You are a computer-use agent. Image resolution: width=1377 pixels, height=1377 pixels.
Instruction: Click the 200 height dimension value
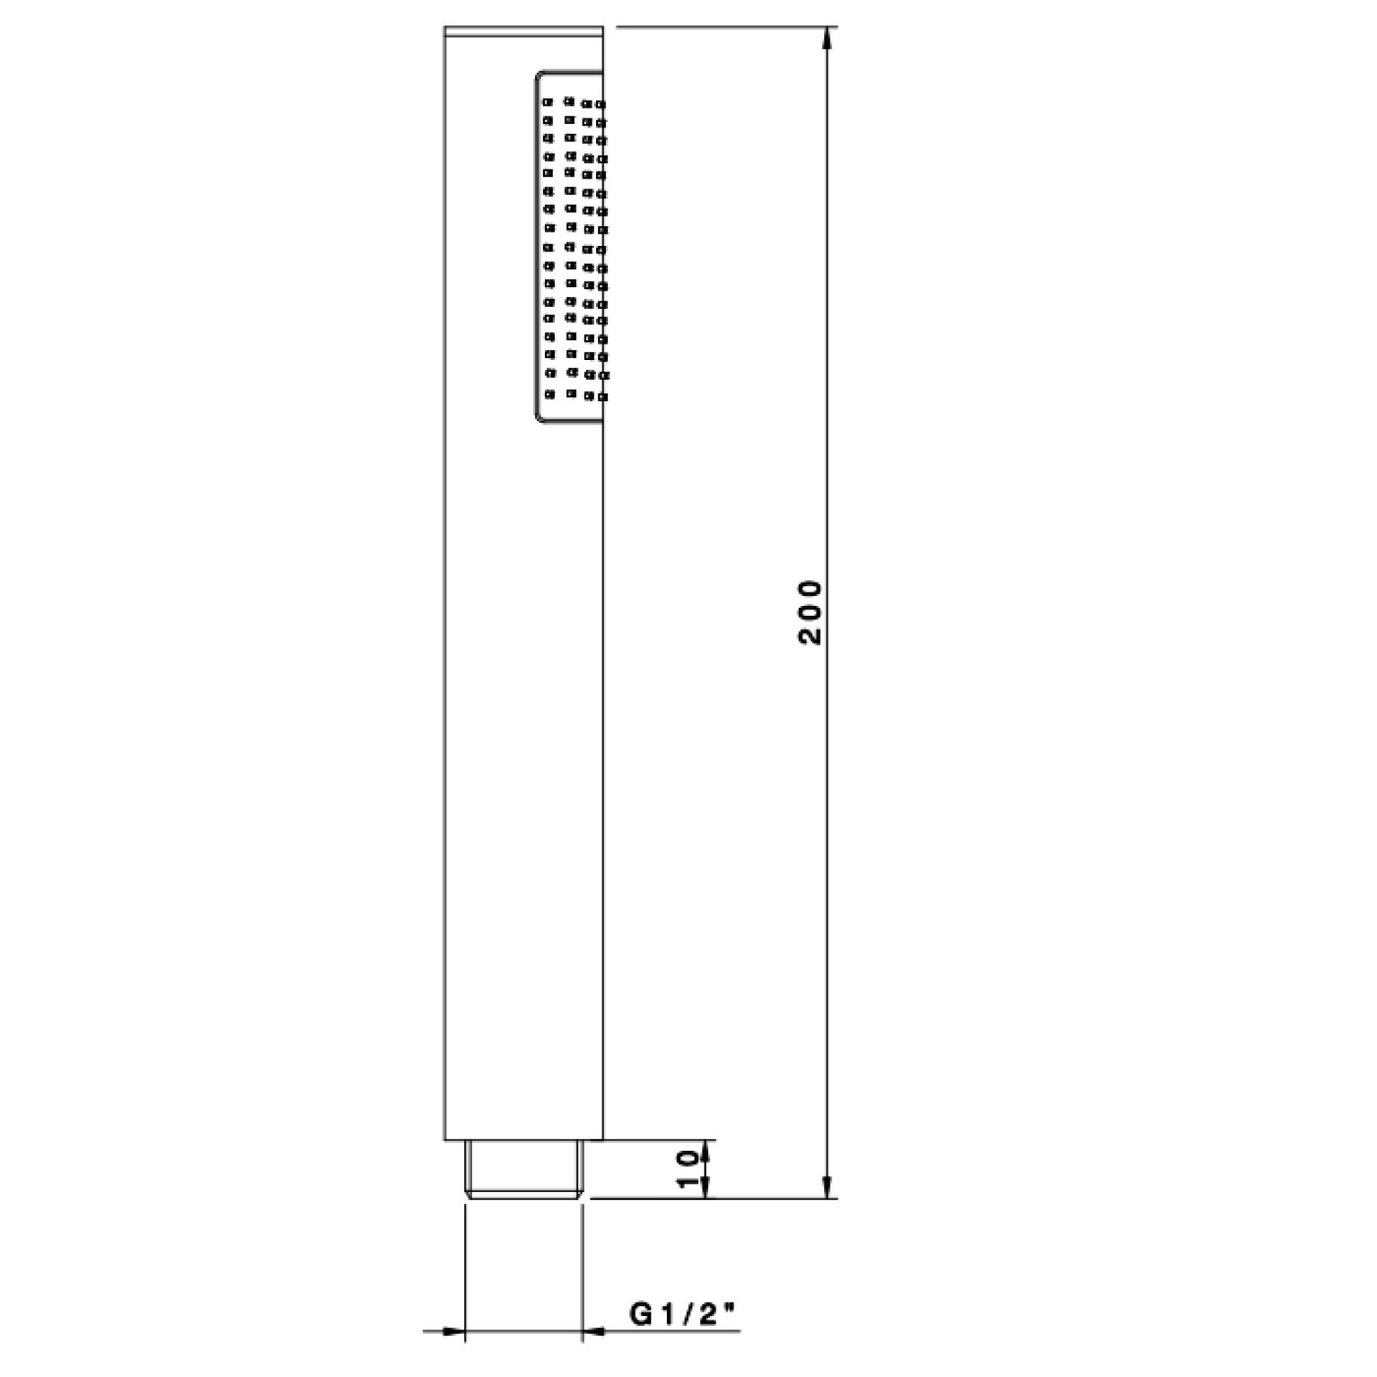[x=810, y=612]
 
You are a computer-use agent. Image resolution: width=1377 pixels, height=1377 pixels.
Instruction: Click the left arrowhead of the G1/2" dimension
[x=449, y=1331]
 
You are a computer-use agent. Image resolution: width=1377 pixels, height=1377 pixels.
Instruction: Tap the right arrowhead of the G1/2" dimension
[x=599, y=1331]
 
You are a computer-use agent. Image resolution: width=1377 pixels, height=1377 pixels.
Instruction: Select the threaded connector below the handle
[x=524, y=1169]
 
